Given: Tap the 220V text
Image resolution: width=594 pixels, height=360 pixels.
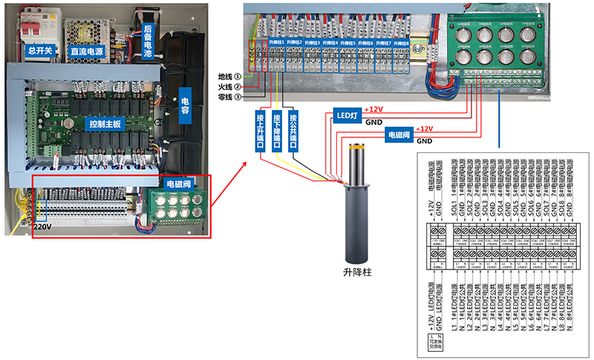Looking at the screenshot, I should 43,226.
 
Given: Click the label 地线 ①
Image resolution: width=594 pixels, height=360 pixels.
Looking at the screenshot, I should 229,76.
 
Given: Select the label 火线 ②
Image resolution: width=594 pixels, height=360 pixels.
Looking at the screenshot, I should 229,86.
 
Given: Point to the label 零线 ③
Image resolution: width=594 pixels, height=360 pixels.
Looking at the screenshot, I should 229,96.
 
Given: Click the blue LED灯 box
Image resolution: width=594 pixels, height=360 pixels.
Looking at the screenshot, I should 347,115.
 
